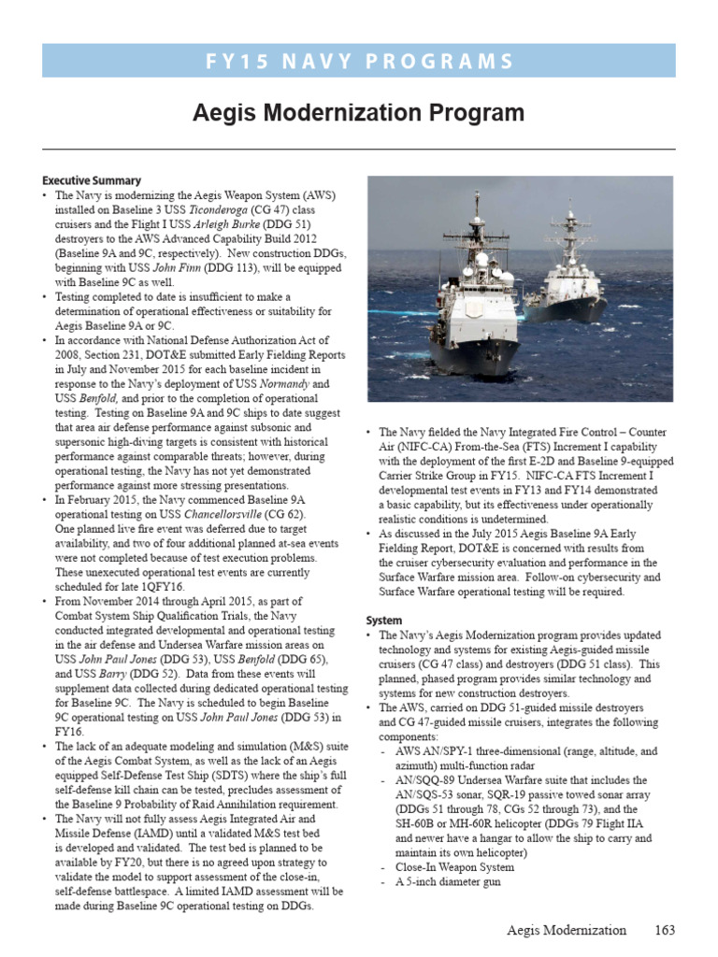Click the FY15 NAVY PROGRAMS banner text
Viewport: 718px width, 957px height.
point(359,62)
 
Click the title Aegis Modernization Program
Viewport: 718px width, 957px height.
point(358,114)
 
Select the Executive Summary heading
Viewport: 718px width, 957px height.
point(92,180)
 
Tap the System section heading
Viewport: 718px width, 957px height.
point(383,621)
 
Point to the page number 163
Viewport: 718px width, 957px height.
point(664,930)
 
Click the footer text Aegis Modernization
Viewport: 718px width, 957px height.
point(567,930)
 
